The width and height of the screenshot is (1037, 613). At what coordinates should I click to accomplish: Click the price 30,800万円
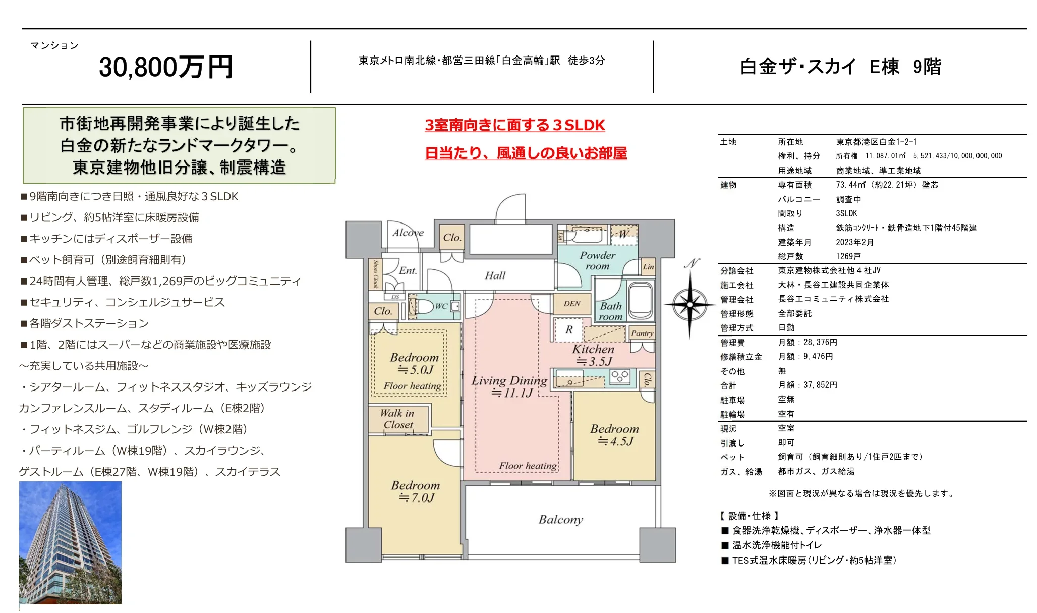pos(165,67)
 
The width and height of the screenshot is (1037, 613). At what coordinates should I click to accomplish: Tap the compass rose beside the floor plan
pos(689,304)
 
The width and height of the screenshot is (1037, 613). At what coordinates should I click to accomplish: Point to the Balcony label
pos(560,520)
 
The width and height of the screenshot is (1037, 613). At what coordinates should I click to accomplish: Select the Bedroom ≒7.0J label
pos(416,491)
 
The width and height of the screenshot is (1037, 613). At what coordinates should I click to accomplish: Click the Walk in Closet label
pos(397,419)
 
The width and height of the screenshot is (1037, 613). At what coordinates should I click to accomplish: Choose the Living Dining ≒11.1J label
pos(509,386)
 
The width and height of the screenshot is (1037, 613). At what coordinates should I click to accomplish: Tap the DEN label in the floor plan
pos(572,304)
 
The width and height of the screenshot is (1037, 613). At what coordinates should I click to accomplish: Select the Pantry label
pos(642,333)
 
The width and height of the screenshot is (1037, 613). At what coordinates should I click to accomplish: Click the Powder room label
pos(597,260)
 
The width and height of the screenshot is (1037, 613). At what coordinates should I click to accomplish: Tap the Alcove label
pos(408,233)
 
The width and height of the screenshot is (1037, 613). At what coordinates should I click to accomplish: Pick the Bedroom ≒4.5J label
pos(614,435)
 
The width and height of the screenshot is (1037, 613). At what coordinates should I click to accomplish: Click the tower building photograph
pos(70,542)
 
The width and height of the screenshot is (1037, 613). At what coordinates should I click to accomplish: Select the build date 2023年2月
pos(854,242)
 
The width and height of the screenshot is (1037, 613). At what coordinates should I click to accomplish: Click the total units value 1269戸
pos(848,256)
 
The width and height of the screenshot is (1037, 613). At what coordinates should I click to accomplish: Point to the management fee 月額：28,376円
pos(808,342)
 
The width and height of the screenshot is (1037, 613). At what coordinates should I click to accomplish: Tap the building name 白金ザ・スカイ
pos(798,67)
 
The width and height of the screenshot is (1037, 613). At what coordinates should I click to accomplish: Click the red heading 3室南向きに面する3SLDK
pos(514,125)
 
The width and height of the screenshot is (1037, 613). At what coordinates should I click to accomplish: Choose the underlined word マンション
pos(54,46)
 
